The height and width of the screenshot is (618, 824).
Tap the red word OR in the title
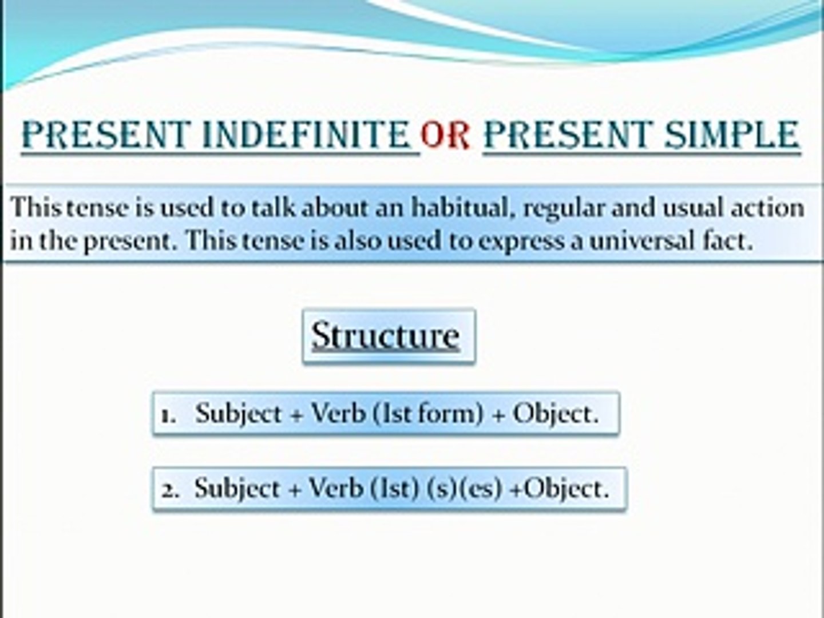[445, 135]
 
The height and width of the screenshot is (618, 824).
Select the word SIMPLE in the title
[732, 134]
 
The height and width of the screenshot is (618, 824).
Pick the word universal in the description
[641, 241]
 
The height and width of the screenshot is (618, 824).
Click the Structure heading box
[389, 336]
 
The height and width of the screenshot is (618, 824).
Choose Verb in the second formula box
[336, 489]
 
